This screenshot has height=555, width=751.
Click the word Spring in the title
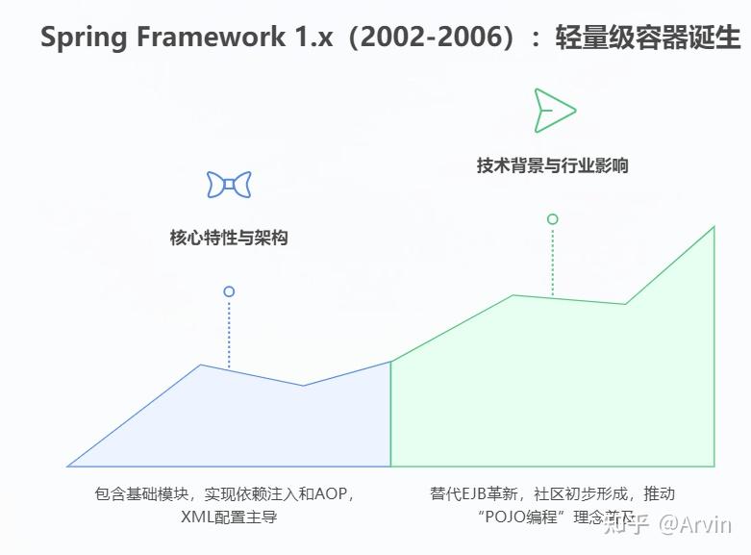coord(85,38)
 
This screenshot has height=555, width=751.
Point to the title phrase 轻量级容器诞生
coord(647,38)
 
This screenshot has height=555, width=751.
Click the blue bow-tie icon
coord(229,185)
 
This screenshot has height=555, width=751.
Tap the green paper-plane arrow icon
coord(554,110)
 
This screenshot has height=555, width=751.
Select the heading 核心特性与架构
coord(229,238)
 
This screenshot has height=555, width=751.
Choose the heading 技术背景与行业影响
coord(552,164)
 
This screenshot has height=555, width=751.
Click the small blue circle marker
coord(229,291)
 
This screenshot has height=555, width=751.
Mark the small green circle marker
coord(552,219)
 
